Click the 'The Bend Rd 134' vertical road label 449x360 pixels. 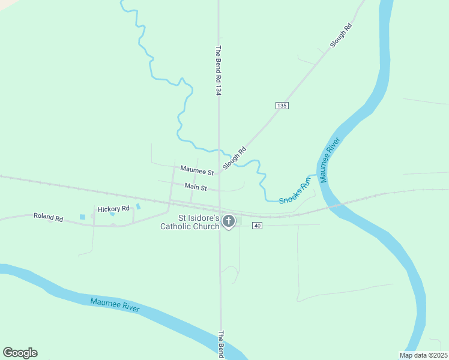tap(219, 70)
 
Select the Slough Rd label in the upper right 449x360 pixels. tap(340, 35)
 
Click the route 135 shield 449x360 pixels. tap(282, 106)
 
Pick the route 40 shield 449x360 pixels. tap(257, 226)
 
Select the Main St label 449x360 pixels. tap(196, 188)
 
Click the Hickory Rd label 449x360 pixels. tap(113, 209)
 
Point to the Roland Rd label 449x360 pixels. tap(48, 217)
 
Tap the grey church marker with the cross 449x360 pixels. tap(228, 221)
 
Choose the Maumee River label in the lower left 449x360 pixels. tap(115, 305)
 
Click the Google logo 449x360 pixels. tap(20, 353)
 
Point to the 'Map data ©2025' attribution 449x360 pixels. tap(423, 355)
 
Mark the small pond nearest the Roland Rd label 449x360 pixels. tap(82, 217)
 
